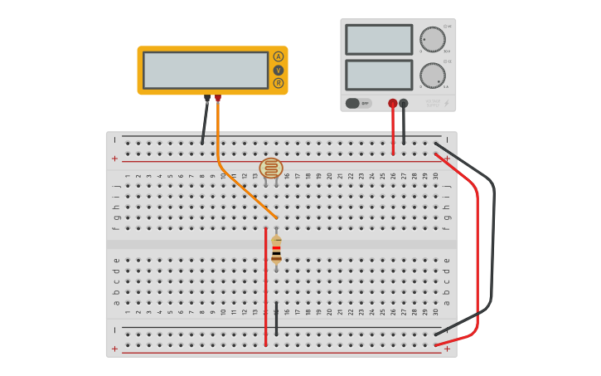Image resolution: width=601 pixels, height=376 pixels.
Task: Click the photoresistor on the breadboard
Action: click(271, 168)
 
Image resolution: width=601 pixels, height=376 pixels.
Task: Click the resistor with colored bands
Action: click(276, 249)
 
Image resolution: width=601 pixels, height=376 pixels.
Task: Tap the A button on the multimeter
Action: click(279, 56)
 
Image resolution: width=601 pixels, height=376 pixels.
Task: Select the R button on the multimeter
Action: click(279, 83)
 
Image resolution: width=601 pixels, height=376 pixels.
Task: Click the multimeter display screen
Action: click(206, 70)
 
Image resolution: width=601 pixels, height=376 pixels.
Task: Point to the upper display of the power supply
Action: click(379, 40)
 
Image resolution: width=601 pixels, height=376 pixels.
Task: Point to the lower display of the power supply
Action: click(379, 75)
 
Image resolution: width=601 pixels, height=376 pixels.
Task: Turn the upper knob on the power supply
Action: click(432, 39)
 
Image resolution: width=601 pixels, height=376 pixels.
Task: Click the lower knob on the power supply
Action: click(432, 76)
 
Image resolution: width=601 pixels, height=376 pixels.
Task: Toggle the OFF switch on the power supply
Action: click(358, 103)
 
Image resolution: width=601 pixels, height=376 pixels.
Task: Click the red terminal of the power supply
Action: click(393, 104)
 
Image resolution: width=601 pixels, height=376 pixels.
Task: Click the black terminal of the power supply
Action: click(404, 104)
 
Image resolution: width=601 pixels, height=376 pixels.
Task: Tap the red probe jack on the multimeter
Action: click(218, 98)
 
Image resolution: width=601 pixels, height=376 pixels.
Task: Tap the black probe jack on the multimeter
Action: click(207, 98)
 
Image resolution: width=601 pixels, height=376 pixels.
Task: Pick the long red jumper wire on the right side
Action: click(477, 249)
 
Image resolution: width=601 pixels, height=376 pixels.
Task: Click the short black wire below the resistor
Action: click(276, 319)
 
